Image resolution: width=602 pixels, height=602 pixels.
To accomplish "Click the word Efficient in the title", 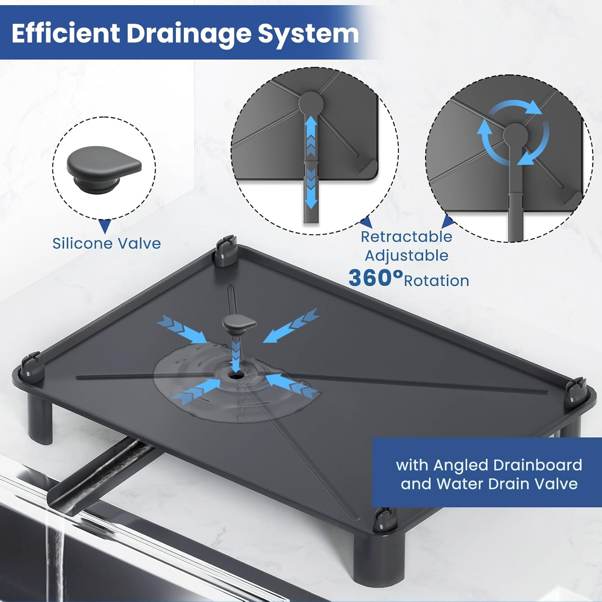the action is [x=66, y=33].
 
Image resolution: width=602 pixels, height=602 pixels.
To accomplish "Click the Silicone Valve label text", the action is [x=106, y=244].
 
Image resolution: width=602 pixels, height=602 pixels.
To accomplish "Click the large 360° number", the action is [x=375, y=277].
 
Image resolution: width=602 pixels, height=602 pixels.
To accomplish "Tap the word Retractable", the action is [x=406, y=237].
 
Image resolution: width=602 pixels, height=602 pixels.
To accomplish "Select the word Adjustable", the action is [x=406, y=256].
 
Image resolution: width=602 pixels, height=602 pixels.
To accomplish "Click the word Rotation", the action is [x=436, y=281].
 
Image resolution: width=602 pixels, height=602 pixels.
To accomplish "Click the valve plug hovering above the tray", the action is [x=239, y=323].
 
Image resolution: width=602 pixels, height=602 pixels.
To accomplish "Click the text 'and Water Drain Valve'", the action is [x=489, y=484].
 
